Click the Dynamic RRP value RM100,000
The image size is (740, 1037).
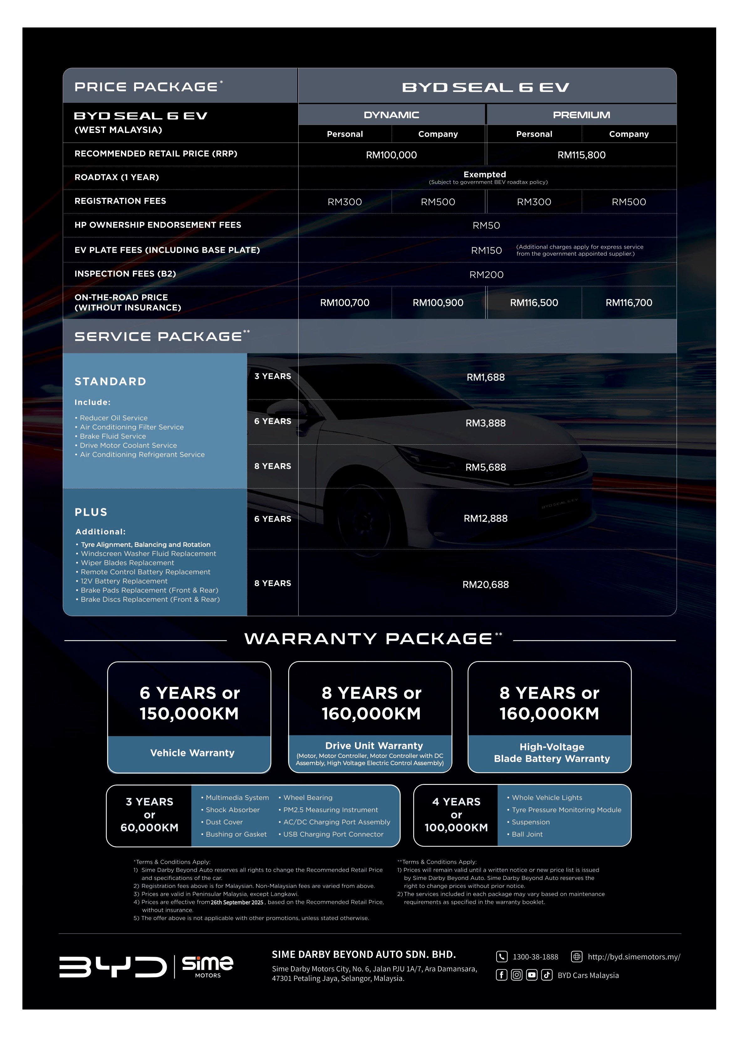click(391, 155)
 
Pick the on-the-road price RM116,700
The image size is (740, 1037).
click(628, 303)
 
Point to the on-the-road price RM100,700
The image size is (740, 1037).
click(345, 303)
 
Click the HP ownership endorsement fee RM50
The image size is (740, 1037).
click(486, 225)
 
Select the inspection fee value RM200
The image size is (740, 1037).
click(486, 274)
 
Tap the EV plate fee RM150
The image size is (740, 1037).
click(486, 250)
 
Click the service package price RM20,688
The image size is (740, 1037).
click(485, 585)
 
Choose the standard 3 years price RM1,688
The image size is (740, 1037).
click(485, 378)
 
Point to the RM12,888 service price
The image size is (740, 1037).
click(485, 519)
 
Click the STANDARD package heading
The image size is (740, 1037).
click(110, 382)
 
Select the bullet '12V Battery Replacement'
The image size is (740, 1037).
click(124, 581)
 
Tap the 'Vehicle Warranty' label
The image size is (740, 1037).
click(192, 753)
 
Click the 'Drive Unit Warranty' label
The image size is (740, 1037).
click(374, 746)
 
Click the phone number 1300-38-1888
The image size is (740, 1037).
click(535, 957)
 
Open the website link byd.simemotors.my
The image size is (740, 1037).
click(633, 957)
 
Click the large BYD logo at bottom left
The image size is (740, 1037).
click(113, 967)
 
